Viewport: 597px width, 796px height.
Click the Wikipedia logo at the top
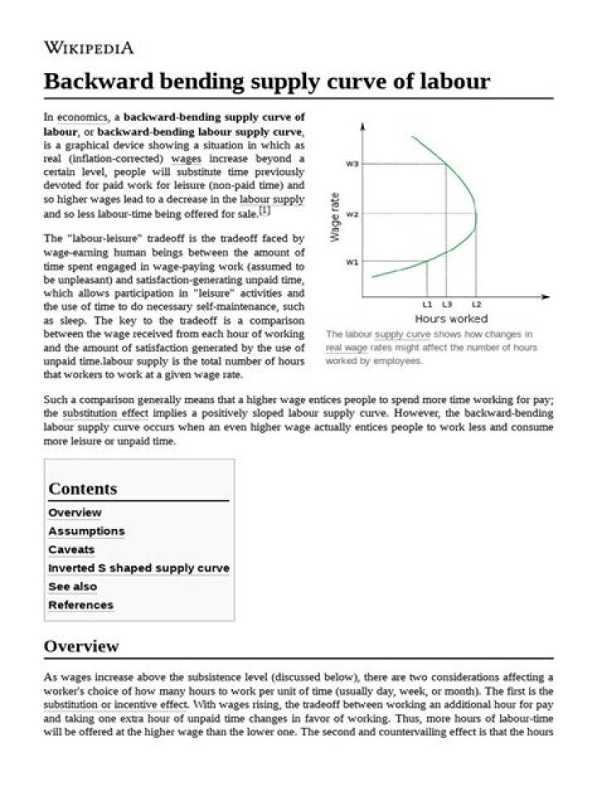88,47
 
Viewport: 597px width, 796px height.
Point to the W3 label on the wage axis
352,164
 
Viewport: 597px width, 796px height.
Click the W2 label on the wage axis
352,215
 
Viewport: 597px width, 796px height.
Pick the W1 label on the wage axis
352,262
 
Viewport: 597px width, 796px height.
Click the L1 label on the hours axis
427,305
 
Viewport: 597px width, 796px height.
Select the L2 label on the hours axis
476,305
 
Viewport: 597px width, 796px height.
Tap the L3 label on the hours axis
447,305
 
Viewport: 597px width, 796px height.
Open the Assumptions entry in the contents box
86,531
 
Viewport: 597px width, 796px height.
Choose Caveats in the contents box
71,550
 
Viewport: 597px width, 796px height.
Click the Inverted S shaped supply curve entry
138,568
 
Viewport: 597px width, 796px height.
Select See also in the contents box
72,586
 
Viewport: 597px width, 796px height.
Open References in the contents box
80,605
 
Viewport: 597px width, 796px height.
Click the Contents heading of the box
83,488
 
